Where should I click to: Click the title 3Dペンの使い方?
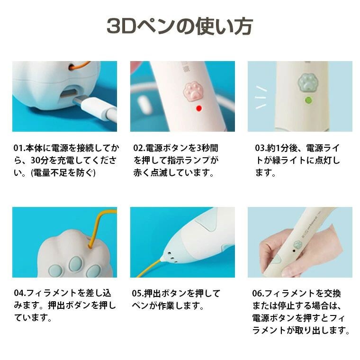(x=180, y=26)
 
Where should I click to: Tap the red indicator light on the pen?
(x=199, y=108)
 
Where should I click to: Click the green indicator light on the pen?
(x=308, y=100)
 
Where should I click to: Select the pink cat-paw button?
(x=193, y=92)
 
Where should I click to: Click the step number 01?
(x=18, y=148)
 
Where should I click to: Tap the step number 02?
(x=138, y=148)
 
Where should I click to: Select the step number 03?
(x=260, y=148)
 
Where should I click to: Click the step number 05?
(x=137, y=293)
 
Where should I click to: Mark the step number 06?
(x=257, y=293)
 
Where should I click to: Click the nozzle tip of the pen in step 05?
(x=162, y=260)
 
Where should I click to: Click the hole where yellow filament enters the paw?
(x=90, y=247)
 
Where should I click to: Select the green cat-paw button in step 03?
(x=307, y=83)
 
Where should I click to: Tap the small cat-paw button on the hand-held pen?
(x=297, y=244)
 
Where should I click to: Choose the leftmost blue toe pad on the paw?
(x=55, y=271)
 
